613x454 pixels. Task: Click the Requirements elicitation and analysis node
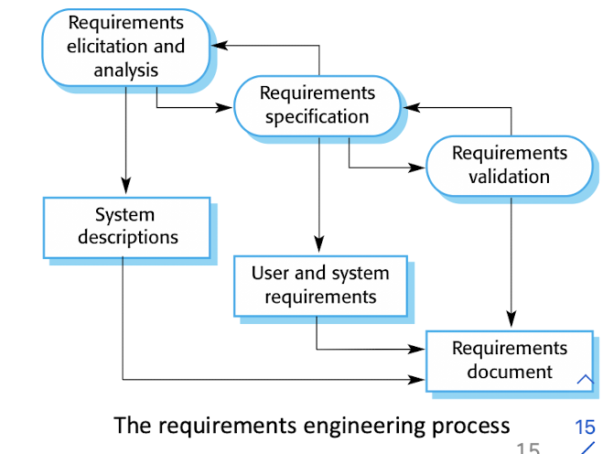click(125, 46)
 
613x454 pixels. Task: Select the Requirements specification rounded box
click(317, 105)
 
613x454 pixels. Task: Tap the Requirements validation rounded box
click(510, 165)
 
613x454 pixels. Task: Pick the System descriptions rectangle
click(126, 227)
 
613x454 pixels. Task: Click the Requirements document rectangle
click(510, 360)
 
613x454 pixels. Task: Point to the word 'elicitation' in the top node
click(125, 46)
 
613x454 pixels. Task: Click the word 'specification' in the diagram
click(317, 117)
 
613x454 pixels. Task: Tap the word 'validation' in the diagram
click(510, 177)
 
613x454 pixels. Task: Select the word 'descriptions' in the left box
click(128, 238)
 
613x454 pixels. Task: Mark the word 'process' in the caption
click(470, 426)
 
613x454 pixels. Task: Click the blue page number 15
click(585, 427)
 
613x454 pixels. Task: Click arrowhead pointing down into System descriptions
click(126, 190)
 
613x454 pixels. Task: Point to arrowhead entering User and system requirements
click(318, 248)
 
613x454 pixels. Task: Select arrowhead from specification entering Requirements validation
click(420, 168)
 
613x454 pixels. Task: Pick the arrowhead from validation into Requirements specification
click(410, 107)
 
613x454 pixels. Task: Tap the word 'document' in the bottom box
click(510, 372)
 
